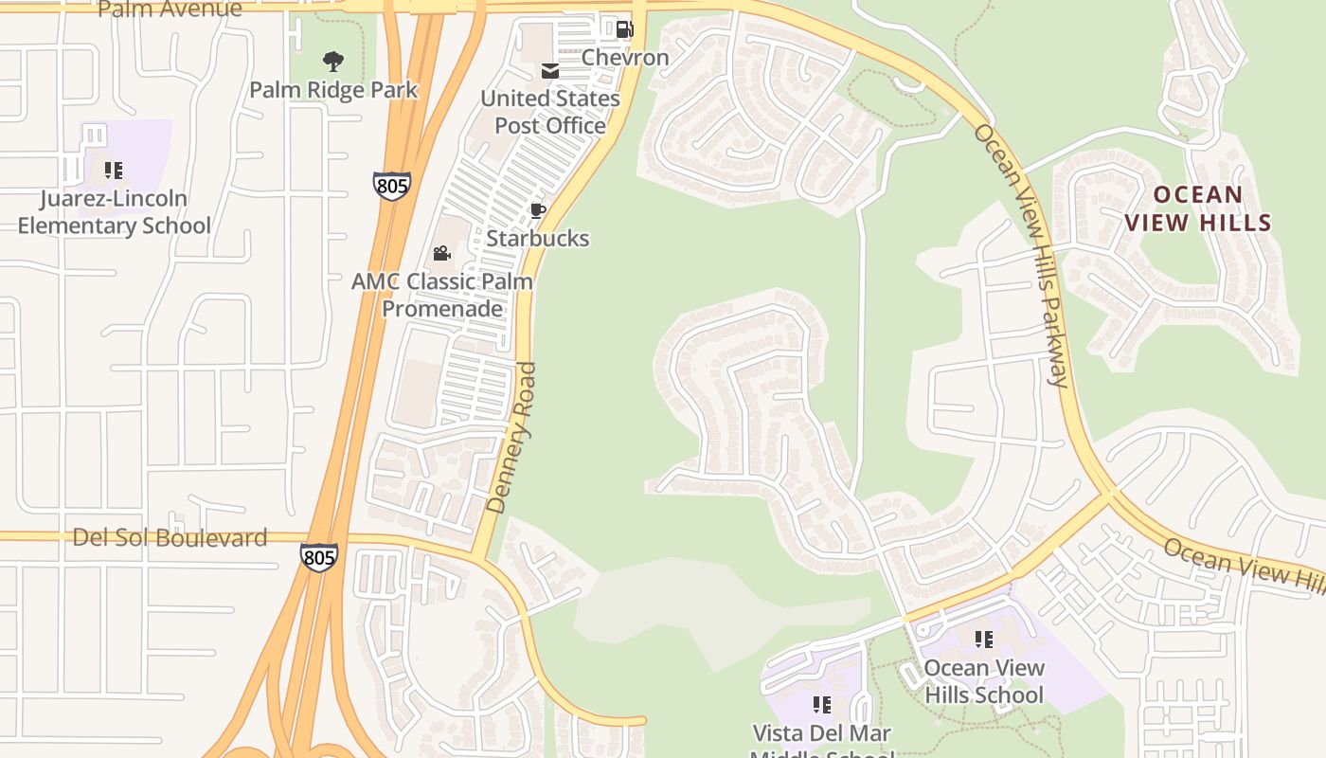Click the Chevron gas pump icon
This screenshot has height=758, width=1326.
(x=623, y=29)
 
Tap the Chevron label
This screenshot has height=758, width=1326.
(x=625, y=58)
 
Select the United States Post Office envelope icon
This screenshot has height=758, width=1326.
(x=549, y=71)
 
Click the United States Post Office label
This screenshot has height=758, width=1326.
(x=550, y=112)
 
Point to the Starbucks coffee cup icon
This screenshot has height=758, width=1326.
(x=537, y=210)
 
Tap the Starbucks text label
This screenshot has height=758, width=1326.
(x=538, y=239)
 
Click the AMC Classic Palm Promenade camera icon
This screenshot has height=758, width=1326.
(x=441, y=253)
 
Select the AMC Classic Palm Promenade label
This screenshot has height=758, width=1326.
(x=442, y=295)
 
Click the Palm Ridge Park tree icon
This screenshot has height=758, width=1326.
(x=332, y=63)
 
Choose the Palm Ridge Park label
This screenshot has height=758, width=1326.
(x=333, y=91)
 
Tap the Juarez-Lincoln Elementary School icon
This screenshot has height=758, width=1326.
(x=114, y=171)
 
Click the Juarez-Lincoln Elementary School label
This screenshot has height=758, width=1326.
(x=115, y=212)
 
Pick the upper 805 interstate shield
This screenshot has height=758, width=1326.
(x=391, y=185)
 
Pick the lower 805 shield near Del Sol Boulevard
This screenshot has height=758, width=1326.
(x=318, y=557)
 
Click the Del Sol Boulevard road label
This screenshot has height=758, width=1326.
(x=170, y=538)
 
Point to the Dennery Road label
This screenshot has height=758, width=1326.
(x=511, y=438)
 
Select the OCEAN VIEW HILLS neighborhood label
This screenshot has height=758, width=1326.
(x=1197, y=209)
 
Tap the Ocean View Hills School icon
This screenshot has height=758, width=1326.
(x=984, y=640)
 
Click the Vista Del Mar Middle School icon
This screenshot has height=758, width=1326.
(x=822, y=705)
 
